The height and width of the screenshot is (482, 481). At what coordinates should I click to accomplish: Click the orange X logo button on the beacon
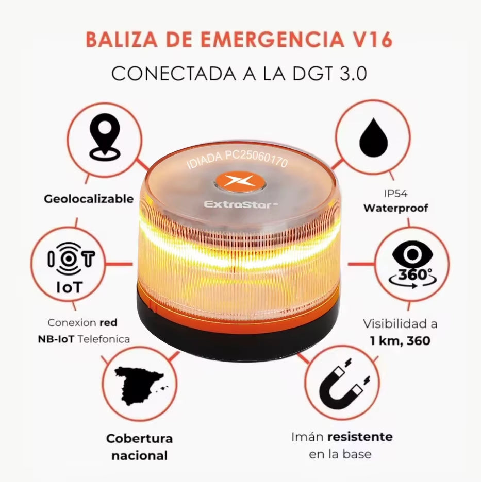click(239, 182)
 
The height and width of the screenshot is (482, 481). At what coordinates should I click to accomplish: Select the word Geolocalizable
click(88, 199)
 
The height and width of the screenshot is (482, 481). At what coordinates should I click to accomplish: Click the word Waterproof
click(395, 209)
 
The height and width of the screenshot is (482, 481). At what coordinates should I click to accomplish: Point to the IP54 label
click(395, 195)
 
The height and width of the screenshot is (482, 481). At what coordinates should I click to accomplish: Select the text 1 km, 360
click(400, 340)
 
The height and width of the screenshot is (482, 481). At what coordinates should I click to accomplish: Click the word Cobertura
click(139, 439)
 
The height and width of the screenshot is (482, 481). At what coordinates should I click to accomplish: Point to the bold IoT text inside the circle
click(68, 286)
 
